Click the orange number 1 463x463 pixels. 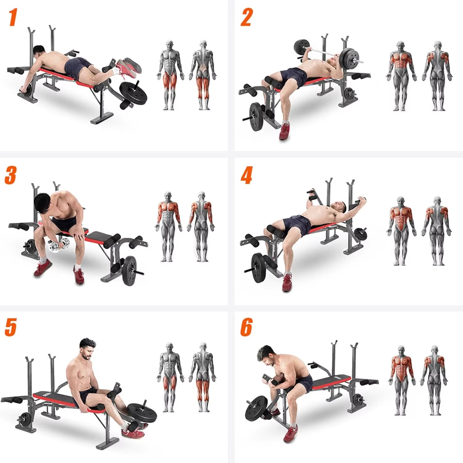coord(13,18)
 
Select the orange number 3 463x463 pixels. coord(10,175)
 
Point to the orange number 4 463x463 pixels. coord(247,175)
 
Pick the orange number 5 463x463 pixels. coord(10,327)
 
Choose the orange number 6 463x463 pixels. coord(246,327)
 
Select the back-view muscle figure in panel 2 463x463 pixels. coord(437,76)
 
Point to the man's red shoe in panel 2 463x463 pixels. coord(284,132)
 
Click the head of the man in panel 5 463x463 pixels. coord(87,349)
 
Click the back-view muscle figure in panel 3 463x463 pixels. coord(201,226)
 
